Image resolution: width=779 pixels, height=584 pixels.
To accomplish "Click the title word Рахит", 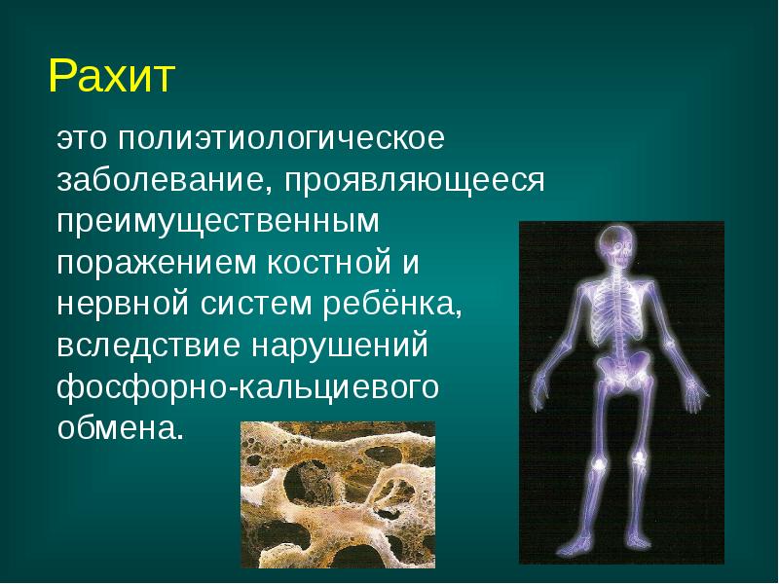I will (110, 76).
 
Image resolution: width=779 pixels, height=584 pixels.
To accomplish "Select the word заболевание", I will (165, 180).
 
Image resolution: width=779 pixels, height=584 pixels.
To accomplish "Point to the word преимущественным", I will (215, 222).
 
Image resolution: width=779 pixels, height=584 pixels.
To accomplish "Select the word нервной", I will (124, 304).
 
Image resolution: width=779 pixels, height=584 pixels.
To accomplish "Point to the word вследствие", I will (146, 346).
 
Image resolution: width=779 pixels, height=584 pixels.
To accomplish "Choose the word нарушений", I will (341, 346).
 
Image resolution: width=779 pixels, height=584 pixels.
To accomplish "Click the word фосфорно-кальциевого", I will (248, 387).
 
